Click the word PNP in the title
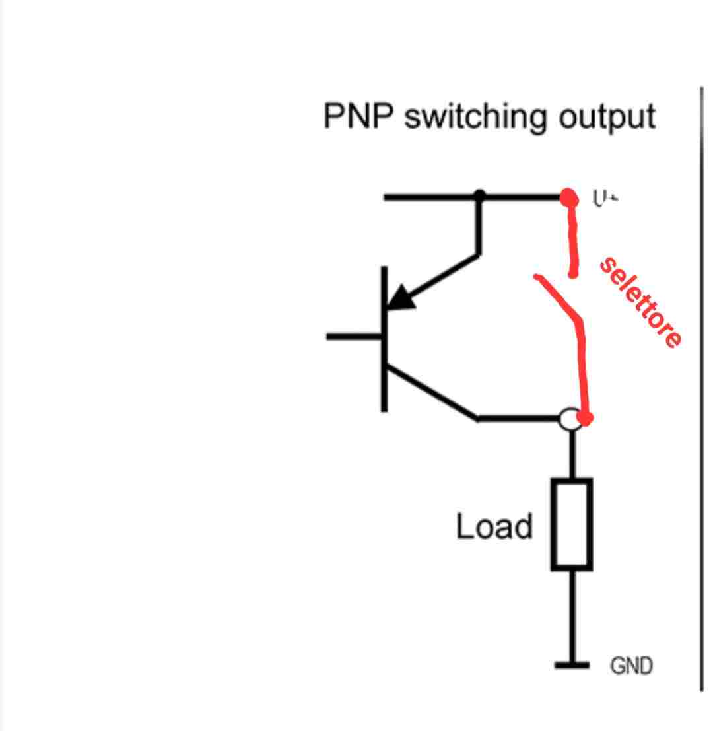point(358,116)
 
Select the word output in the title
point(607,118)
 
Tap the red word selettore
point(640,302)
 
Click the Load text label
point(494,527)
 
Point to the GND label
point(631,666)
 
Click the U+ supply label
point(604,198)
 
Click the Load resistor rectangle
point(572,524)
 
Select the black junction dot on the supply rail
point(480,196)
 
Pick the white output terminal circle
point(568,419)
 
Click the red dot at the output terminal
point(585,418)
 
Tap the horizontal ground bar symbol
point(572,664)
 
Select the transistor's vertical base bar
point(384,339)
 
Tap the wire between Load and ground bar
point(572,614)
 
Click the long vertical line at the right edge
point(702,390)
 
